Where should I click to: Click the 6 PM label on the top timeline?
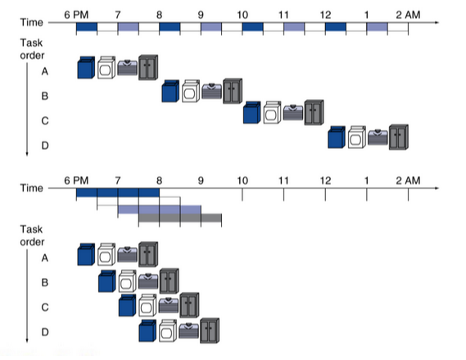click(x=76, y=15)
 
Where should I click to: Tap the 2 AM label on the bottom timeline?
click(x=408, y=181)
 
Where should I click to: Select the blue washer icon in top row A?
click(x=86, y=68)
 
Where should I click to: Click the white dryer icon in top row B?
click(x=191, y=91)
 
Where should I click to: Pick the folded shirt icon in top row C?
click(x=293, y=112)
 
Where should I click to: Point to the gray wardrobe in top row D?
click(x=399, y=137)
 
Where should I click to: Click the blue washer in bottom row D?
click(x=147, y=331)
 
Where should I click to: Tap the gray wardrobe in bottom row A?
click(x=148, y=254)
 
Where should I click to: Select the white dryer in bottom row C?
click(x=147, y=305)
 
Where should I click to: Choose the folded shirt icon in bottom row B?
click(x=148, y=281)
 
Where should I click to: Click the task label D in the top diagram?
click(x=45, y=146)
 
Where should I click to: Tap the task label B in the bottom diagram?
click(x=45, y=282)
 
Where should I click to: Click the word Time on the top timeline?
click(x=31, y=23)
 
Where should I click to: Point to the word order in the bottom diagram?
click(x=32, y=242)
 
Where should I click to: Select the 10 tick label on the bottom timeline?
click(x=242, y=181)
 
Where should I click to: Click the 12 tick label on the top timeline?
click(x=325, y=15)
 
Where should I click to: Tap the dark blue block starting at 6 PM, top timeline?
click(x=87, y=27)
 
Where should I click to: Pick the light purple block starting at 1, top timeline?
click(x=377, y=27)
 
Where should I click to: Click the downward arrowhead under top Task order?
click(x=27, y=154)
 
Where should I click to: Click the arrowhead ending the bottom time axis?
click(x=437, y=188)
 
